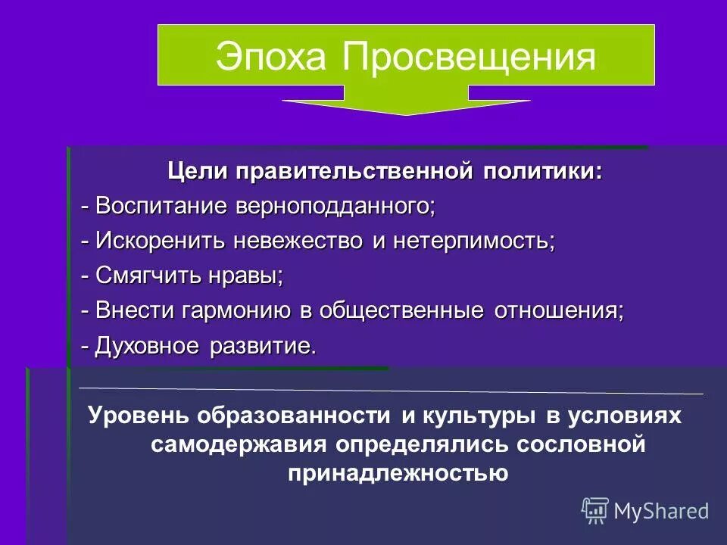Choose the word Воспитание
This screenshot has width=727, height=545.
[163, 206]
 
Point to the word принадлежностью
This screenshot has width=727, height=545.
[397, 473]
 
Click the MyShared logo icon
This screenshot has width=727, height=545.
[594, 511]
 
